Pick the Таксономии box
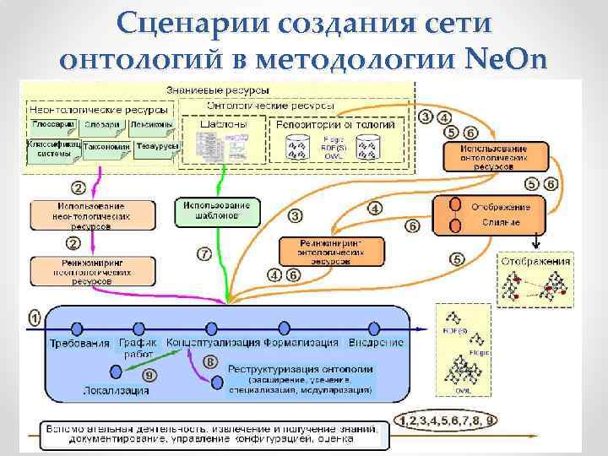pos(106,146)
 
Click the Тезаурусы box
pos(158,146)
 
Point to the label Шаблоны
pos(224,123)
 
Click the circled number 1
pos(35,318)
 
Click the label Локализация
pos(117,390)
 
